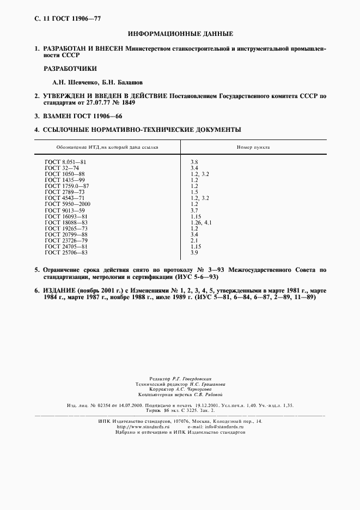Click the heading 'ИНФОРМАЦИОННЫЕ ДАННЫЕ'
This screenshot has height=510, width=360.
[180, 34]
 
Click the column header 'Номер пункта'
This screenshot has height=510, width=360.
[253, 148]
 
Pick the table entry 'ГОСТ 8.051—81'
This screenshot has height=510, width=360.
[66, 162]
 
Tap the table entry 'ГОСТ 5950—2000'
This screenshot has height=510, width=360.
[68, 204]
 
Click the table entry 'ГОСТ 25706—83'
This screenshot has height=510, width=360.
[66, 253]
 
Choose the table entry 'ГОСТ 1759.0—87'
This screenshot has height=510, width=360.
[67, 186]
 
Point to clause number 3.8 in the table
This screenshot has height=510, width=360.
[194, 162]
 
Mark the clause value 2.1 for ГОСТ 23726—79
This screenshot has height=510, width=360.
[194, 241]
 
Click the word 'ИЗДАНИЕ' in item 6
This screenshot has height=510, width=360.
[60, 290]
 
